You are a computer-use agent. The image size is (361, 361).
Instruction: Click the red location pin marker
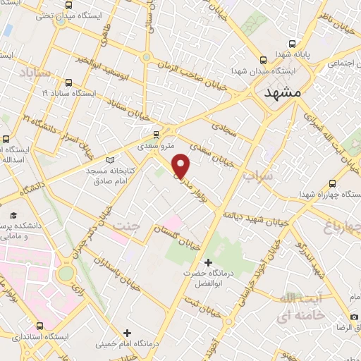pyautogui.click(x=182, y=166)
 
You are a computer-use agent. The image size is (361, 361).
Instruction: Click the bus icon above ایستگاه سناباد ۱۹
pyautogui.click(x=68, y=82)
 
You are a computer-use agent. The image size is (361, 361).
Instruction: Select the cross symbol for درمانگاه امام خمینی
pyautogui.click(x=127, y=333)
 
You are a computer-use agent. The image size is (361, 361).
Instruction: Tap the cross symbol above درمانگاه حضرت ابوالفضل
pyautogui.click(x=207, y=262)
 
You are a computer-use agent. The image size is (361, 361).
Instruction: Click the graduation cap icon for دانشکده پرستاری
pyautogui.click(x=13, y=213)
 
